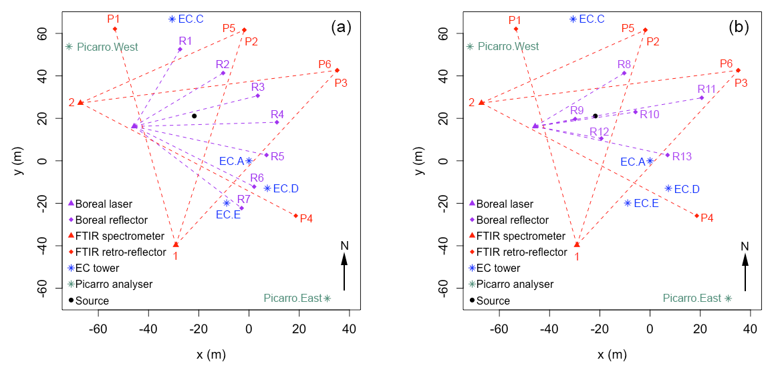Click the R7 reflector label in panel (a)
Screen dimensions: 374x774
tap(243, 199)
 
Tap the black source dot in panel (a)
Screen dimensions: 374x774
tap(195, 116)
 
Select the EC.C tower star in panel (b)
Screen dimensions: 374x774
tap(573, 19)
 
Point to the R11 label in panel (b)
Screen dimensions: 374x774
tap(706, 89)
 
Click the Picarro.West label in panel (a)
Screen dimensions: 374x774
tap(107, 47)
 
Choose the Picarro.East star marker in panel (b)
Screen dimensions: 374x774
tap(728, 299)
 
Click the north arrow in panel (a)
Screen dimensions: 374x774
tap(344, 271)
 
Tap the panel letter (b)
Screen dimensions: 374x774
tap(740, 27)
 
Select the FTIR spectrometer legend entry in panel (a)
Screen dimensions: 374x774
tap(120, 236)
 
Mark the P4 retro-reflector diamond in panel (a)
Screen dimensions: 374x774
tap(295, 216)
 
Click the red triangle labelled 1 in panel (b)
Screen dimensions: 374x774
tap(577, 244)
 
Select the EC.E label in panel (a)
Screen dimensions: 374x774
tap(228, 214)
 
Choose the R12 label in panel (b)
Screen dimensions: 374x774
tap(600, 132)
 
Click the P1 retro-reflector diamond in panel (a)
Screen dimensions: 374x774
tap(115, 29)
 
